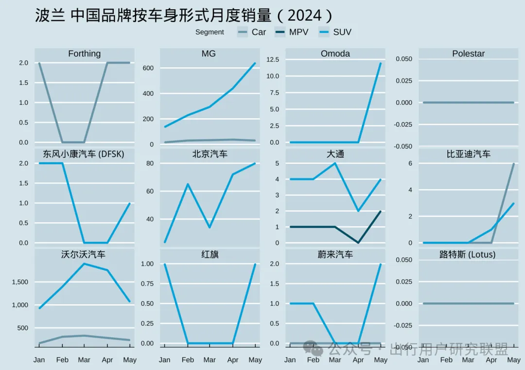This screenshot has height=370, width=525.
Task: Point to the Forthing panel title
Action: pos(84,53)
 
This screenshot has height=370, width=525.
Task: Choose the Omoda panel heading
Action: pos(335,53)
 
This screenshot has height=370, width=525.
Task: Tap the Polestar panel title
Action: pos(468,53)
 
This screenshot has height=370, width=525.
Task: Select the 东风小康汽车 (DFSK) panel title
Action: pos(84,154)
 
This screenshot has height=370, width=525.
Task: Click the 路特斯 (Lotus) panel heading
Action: pos(468,254)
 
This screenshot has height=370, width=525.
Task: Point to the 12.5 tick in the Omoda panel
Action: pos(272,59)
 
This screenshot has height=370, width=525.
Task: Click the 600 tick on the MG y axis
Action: pos(148,68)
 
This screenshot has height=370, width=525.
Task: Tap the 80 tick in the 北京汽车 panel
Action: pos(150,163)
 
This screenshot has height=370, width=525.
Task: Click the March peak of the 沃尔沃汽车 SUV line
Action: pos(84,264)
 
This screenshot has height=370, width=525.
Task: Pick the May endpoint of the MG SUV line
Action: pos(255,63)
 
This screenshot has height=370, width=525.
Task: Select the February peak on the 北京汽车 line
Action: pos(187,184)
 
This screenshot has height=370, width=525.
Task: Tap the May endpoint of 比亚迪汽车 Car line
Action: pos(513,163)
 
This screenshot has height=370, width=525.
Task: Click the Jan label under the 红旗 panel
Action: pos(164,360)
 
